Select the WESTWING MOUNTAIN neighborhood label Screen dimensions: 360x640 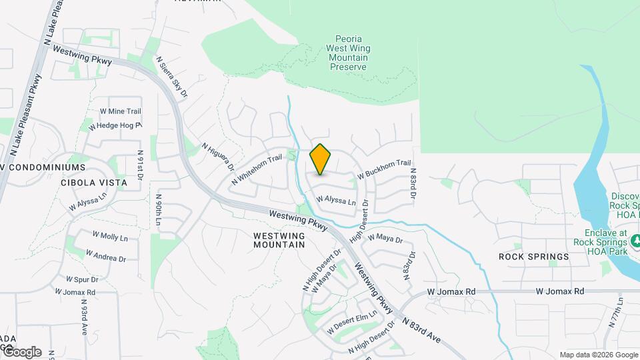pyautogui.click(x=279, y=240)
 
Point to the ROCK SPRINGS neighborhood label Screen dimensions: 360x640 pyautogui.click(x=534, y=257)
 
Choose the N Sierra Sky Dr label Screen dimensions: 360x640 pyautogui.click(x=172, y=76)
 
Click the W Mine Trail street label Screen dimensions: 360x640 pyautogui.click(x=120, y=111)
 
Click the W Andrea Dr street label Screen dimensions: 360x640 pyautogui.click(x=107, y=255)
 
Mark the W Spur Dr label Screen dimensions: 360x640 pyautogui.click(x=82, y=279)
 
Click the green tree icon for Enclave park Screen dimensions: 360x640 pyautogui.click(x=635, y=239)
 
